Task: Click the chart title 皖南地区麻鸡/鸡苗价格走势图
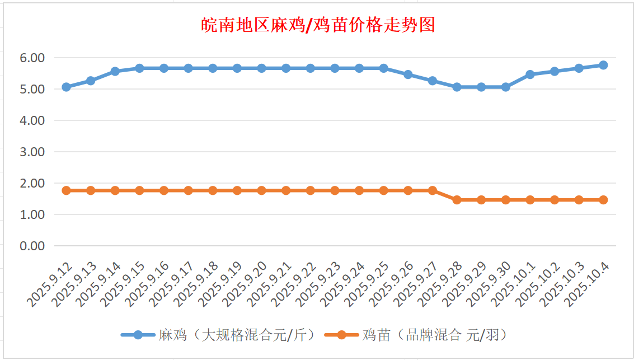click(x=317, y=25)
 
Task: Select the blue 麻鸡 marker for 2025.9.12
click(x=66, y=87)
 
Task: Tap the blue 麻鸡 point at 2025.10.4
click(x=603, y=65)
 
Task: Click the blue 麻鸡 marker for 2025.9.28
click(x=457, y=87)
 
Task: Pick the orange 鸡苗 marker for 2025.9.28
click(x=457, y=200)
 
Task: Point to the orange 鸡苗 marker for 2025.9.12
click(x=66, y=190)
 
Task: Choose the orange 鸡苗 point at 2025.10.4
click(x=603, y=200)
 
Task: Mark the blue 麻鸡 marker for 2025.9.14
click(x=115, y=71)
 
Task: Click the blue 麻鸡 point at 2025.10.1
click(x=530, y=74)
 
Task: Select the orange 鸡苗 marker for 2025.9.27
click(x=432, y=190)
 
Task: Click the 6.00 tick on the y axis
click(x=32, y=58)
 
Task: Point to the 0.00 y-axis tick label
click(x=32, y=246)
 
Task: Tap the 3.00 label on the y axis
click(x=32, y=152)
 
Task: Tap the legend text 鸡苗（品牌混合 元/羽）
click(x=434, y=335)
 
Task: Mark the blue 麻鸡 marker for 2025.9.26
click(x=408, y=74)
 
